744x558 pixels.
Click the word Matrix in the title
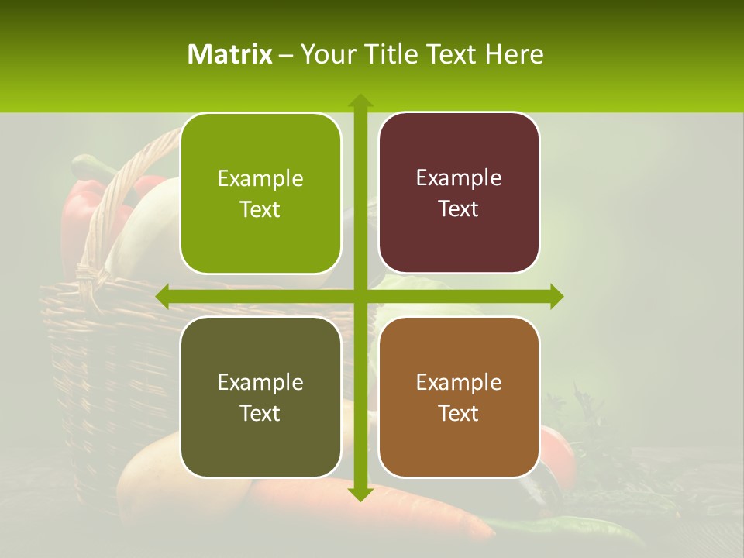230,54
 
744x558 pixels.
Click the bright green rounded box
260,194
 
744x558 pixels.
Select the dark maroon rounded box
459,193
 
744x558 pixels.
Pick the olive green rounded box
260,397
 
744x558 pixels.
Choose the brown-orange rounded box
459,397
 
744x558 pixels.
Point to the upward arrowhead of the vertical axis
360,101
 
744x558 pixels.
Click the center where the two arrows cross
360,296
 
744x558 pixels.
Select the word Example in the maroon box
459,177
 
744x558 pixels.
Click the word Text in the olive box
260,413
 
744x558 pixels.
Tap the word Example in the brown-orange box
459,382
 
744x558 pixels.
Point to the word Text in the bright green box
260,209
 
